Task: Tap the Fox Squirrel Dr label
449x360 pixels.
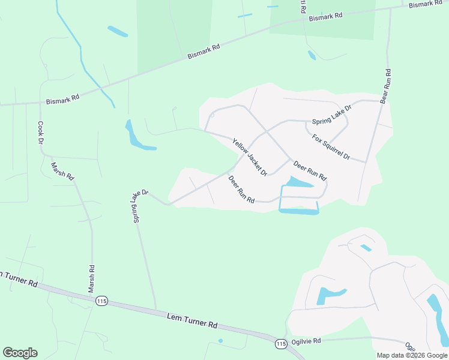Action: (331, 147)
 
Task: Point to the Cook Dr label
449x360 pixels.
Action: (41, 133)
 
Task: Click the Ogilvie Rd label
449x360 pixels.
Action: (306, 340)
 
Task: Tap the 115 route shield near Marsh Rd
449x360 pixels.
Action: (101, 301)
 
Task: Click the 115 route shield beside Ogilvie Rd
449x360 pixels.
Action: (280, 343)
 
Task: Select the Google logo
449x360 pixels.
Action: (20, 353)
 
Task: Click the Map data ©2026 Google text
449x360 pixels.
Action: (412, 355)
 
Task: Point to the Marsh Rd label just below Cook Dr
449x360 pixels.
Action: (62, 172)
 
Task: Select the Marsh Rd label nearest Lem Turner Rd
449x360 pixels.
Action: (91, 279)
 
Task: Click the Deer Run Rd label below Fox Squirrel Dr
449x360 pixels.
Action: (309, 170)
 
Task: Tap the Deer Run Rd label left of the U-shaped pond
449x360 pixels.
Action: (241, 188)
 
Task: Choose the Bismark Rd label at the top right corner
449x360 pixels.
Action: (426, 4)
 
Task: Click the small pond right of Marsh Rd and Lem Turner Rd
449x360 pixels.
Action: (221, 341)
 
